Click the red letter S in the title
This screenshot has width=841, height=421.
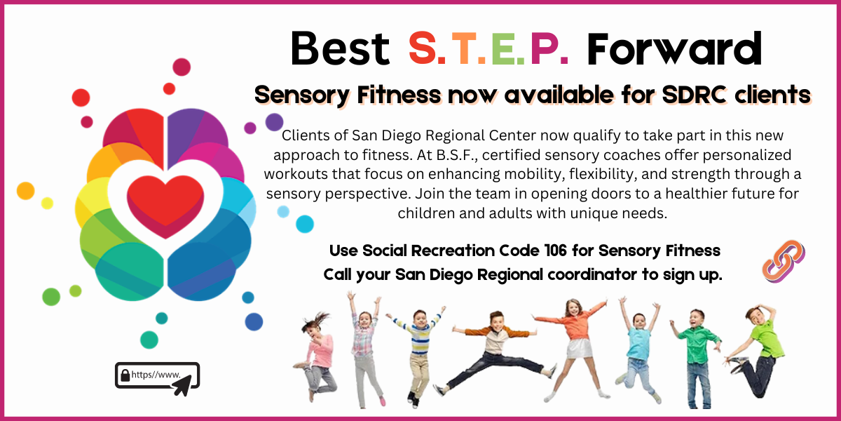422,48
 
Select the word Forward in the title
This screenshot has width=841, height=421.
675,48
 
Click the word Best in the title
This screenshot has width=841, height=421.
340,48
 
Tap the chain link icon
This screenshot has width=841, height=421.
784,261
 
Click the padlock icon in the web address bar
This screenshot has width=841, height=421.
125,375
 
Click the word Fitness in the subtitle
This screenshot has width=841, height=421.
399,94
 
